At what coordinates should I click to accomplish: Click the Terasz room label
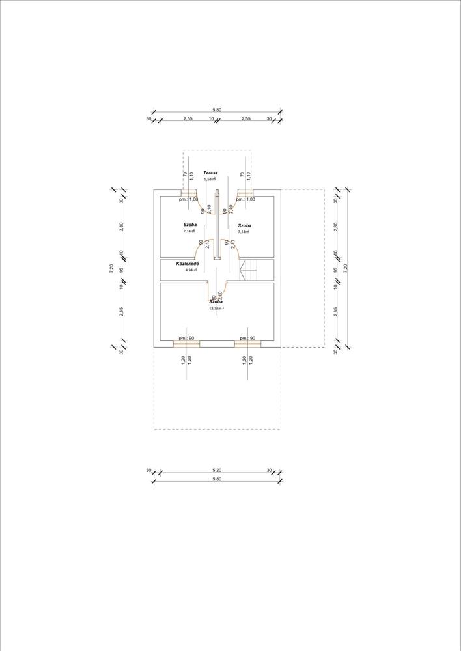click(x=210, y=173)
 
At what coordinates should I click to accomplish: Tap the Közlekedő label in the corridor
click(x=187, y=264)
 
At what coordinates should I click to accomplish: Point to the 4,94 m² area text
click(x=191, y=270)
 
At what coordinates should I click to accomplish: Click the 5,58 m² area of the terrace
click(x=210, y=179)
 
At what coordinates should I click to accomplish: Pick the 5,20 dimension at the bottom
click(x=217, y=470)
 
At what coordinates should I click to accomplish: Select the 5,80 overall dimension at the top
click(x=217, y=111)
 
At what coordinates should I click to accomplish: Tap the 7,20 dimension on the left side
click(x=111, y=268)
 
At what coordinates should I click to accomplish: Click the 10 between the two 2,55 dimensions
click(x=211, y=119)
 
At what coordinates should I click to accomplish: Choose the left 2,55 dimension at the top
click(x=188, y=119)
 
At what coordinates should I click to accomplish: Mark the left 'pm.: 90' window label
click(x=187, y=339)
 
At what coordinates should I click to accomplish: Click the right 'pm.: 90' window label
click(x=247, y=339)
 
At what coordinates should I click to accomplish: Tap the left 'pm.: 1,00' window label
click(x=189, y=199)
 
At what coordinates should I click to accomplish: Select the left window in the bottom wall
click(x=186, y=344)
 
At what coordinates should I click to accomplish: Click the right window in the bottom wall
click(x=247, y=344)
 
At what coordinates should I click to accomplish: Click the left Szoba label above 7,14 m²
click(x=189, y=225)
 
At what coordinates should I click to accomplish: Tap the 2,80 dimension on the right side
click(x=336, y=227)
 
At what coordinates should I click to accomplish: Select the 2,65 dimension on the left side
click(x=122, y=311)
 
